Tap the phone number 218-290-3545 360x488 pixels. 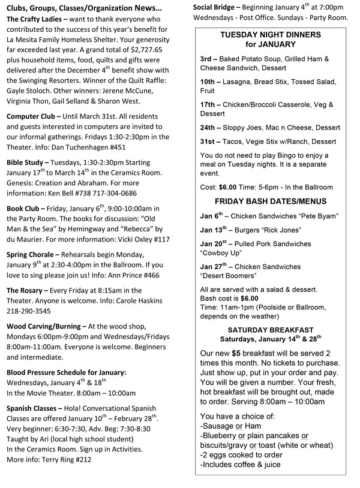tap(29, 312)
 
